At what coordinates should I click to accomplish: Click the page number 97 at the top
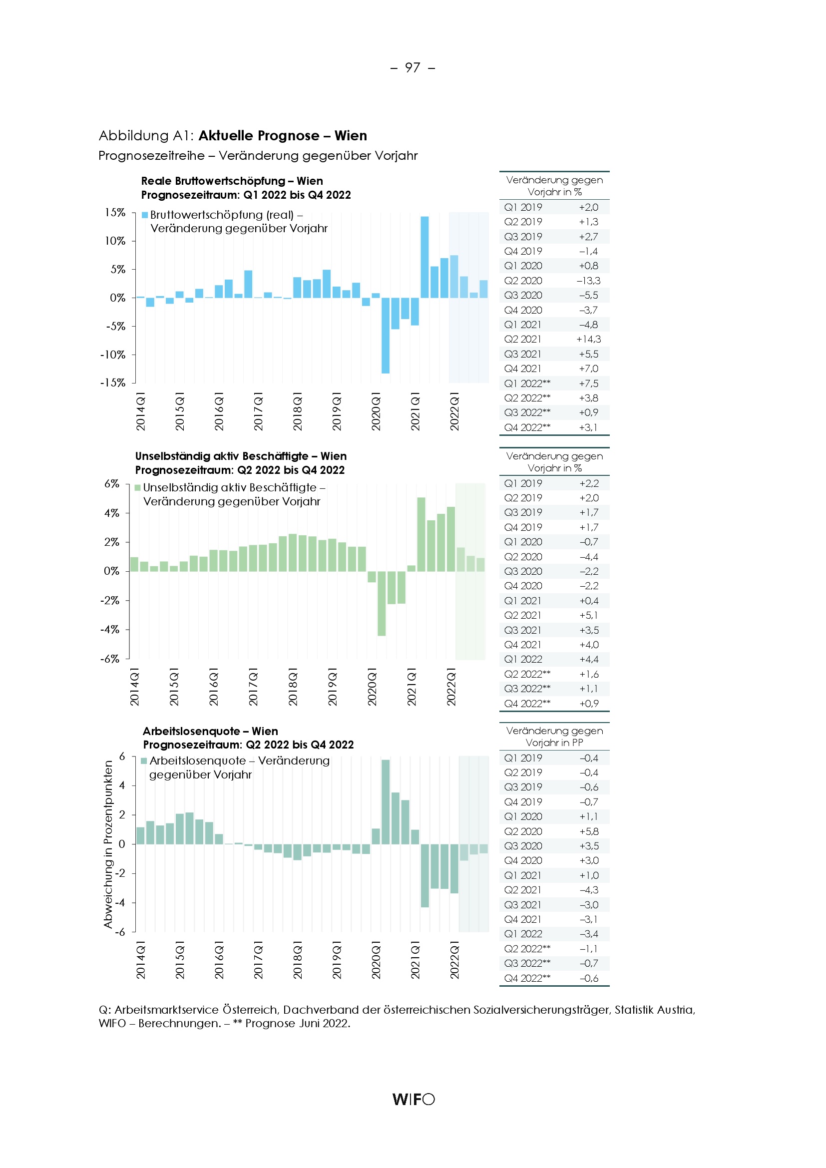[x=413, y=67]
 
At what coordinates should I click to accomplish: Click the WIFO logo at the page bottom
[x=413, y=1099]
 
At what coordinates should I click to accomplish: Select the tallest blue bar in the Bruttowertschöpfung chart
[x=424, y=257]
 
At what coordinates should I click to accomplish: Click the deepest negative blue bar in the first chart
[x=386, y=335]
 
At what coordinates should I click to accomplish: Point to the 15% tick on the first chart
[x=115, y=213]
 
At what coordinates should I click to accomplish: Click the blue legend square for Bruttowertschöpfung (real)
[x=145, y=215]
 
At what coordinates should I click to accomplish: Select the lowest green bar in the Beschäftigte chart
[x=382, y=603]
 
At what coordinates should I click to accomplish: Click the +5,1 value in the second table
[x=589, y=616]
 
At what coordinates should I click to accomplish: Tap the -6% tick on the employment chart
[x=110, y=659]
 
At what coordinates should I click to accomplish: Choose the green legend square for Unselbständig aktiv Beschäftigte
[x=137, y=488]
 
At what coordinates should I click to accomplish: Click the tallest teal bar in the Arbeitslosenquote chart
[x=386, y=802]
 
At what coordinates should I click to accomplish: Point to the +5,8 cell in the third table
[x=589, y=832]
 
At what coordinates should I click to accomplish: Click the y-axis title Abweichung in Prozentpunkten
[x=108, y=844]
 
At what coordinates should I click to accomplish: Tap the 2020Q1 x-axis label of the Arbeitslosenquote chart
[x=376, y=960]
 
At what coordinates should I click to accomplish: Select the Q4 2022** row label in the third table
[x=527, y=978]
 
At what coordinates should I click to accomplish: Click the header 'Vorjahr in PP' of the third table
[x=554, y=743]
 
